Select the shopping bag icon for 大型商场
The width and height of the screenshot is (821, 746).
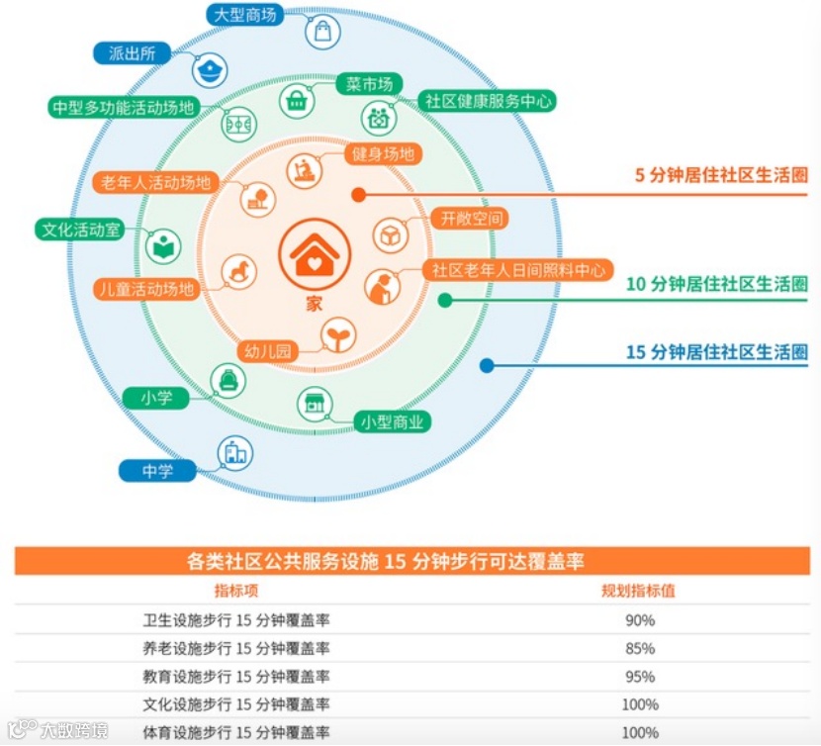(x=322, y=31)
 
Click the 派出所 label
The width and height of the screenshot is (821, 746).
(x=133, y=53)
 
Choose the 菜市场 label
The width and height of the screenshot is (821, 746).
(x=363, y=85)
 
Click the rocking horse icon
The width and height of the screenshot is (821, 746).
(x=237, y=269)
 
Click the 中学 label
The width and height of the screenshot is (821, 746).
(x=157, y=471)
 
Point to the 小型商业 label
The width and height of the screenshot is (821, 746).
(x=392, y=422)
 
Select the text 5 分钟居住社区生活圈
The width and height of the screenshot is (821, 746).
(x=721, y=176)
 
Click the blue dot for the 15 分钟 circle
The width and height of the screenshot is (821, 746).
(x=487, y=365)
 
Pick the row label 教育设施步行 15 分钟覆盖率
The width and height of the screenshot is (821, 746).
(x=236, y=677)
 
